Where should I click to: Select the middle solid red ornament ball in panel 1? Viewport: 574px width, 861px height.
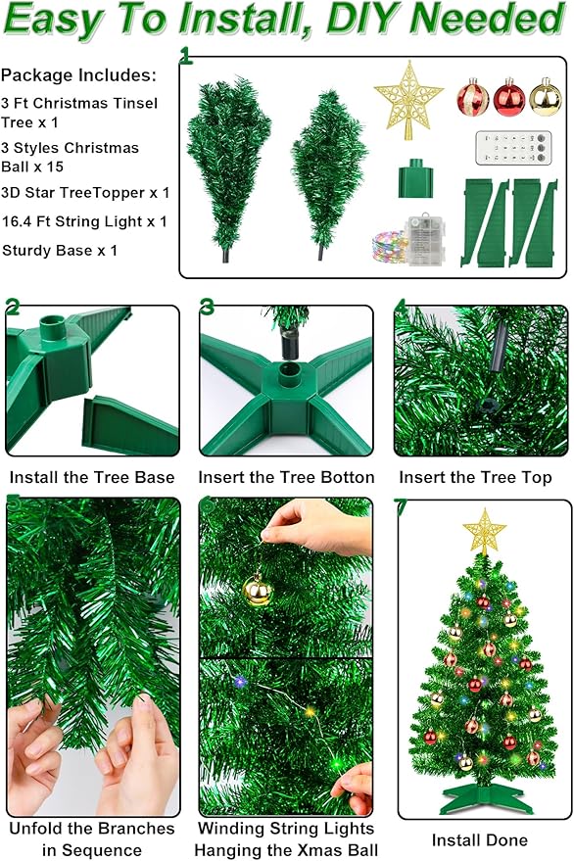pyautogui.click(x=508, y=97)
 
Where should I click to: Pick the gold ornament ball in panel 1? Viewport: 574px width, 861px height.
pyautogui.click(x=545, y=97)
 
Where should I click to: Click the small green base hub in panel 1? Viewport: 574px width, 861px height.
pyautogui.click(x=415, y=181)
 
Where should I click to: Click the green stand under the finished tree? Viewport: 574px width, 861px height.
pyautogui.click(x=485, y=799)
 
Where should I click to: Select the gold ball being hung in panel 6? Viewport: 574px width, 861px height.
pyautogui.click(x=258, y=590)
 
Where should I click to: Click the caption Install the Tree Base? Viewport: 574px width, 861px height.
pyautogui.click(x=92, y=478)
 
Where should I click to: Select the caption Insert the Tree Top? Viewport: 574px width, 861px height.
pyautogui.click(x=475, y=478)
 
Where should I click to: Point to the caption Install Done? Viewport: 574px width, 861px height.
pyautogui.click(x=480, y=840)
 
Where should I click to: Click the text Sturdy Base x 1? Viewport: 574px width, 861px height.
pyautogui.click(x=60, y=250)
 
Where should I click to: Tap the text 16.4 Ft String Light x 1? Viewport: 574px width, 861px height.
pyautogui.click(x=84, y=221)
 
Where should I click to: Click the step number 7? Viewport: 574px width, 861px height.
pyautogui.click(x=400, y=506)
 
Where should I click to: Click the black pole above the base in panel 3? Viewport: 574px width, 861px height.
pyautogui.click(x=289, y=344)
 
